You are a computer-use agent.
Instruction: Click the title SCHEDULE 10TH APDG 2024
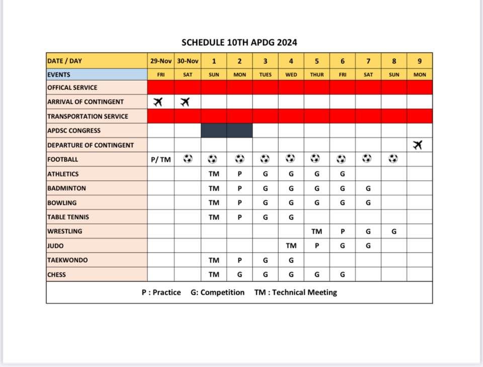239,42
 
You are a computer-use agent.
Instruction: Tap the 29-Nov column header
160,61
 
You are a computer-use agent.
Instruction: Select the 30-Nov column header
187,61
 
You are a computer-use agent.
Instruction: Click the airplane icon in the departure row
417,145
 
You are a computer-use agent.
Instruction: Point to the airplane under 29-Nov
158,102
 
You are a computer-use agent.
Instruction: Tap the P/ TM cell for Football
160,160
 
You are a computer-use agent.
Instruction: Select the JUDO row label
56,246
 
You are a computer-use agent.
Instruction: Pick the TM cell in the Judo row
291,246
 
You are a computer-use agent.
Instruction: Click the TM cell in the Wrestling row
316,231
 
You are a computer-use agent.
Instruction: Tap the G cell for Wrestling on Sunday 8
394,231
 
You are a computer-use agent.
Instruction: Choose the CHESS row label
56,275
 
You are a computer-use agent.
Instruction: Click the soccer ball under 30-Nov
188,159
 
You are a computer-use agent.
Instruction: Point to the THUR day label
316,75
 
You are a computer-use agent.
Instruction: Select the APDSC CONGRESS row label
73,131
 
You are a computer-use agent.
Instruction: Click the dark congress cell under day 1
214,131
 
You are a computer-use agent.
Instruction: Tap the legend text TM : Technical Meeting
295,292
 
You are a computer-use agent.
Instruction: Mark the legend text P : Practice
161,292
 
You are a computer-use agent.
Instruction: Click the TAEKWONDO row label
67,260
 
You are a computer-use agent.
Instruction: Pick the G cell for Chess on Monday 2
239,275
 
